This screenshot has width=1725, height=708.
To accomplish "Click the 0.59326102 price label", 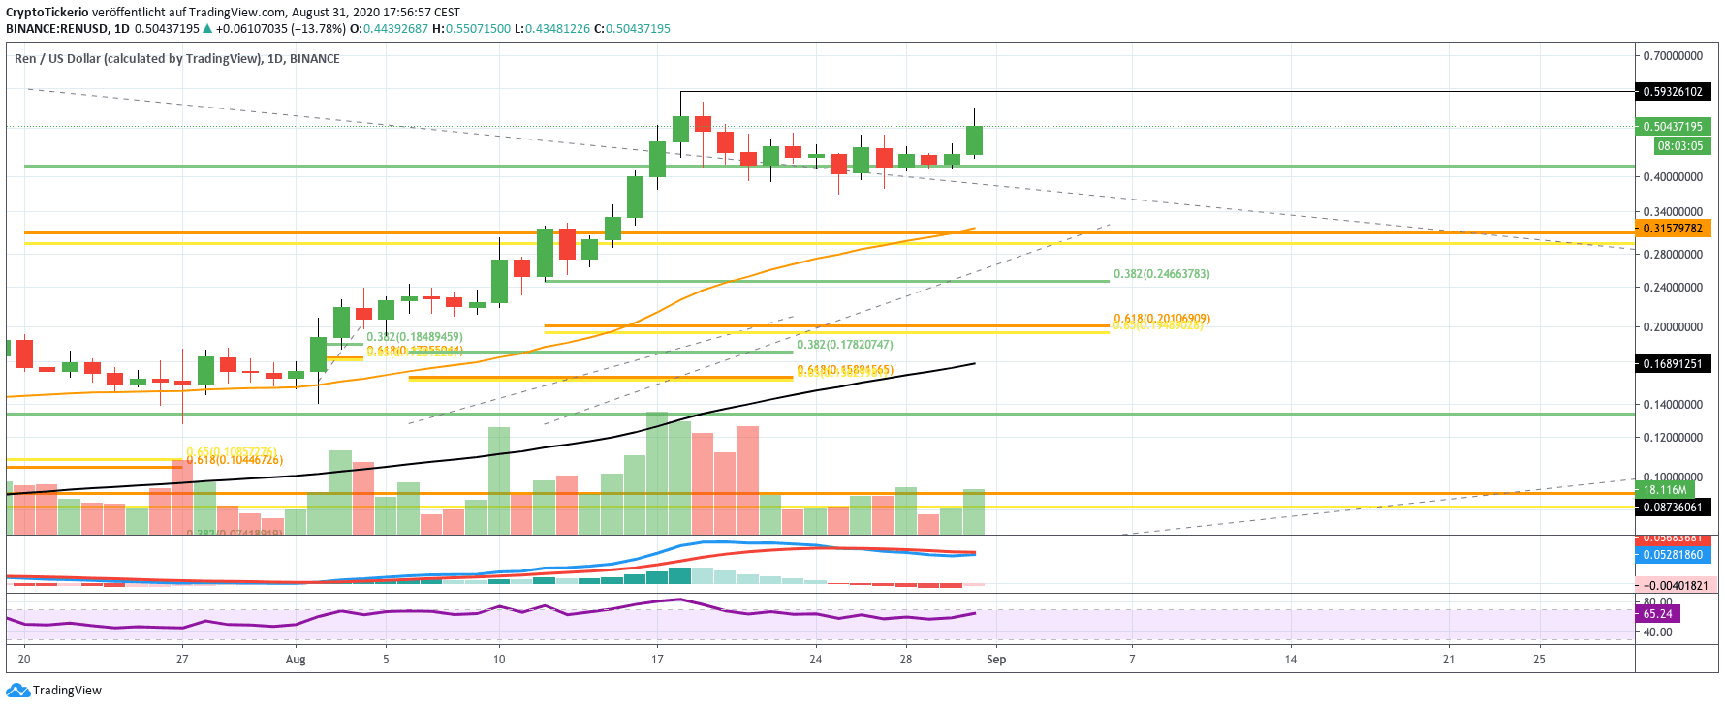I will [1673, 92].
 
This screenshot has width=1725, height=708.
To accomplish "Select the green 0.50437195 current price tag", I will [1673, 127].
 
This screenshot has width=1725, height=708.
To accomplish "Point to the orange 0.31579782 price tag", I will [1673, 229].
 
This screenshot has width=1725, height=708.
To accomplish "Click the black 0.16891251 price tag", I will [1673, 364].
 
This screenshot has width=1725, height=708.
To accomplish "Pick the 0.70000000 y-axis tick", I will [1673, 56].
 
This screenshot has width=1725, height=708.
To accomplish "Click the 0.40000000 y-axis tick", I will [1673, 177].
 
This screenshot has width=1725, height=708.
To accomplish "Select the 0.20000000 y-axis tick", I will [1673, 327].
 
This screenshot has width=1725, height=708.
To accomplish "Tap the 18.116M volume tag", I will [1664, 490].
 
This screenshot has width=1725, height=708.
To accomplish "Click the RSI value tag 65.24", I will [1657, 614].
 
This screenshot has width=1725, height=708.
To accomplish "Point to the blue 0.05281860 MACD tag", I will [1673, 555].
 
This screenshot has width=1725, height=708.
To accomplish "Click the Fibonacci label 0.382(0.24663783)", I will [1161, 274].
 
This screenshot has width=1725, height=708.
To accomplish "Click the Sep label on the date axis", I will [996, 660].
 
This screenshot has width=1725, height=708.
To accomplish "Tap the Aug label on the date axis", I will [296, 660].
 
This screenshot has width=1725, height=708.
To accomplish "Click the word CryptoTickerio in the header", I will [47, 13].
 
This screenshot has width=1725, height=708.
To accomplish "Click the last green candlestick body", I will [974, 140].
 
